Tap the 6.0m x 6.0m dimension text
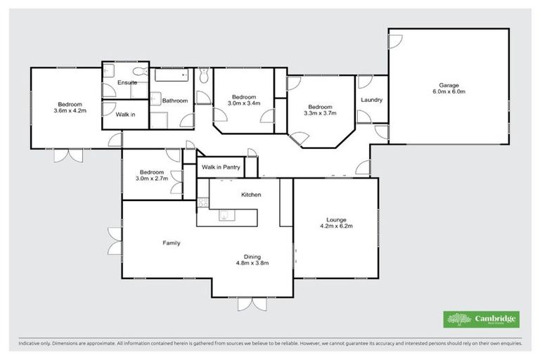[x=449, y=91]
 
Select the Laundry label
[x=371, y=100]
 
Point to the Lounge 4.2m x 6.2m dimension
[x=335, y=226]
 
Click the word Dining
[x=252, y=256]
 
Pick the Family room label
[x=172, y=243]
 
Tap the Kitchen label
[x=251, y=194]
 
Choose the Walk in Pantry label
[x=221, y=167]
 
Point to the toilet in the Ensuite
[x=140, y=71]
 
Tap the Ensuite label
[x=127, y=83]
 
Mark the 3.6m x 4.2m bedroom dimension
[x=68, y=110]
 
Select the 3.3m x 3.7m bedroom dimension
[x=320, y=113]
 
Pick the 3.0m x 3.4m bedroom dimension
[x=244, y=103]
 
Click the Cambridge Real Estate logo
[x=482, y=319]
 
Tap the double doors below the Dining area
[x=251, y=304]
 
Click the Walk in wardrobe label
[x=126, y=114]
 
